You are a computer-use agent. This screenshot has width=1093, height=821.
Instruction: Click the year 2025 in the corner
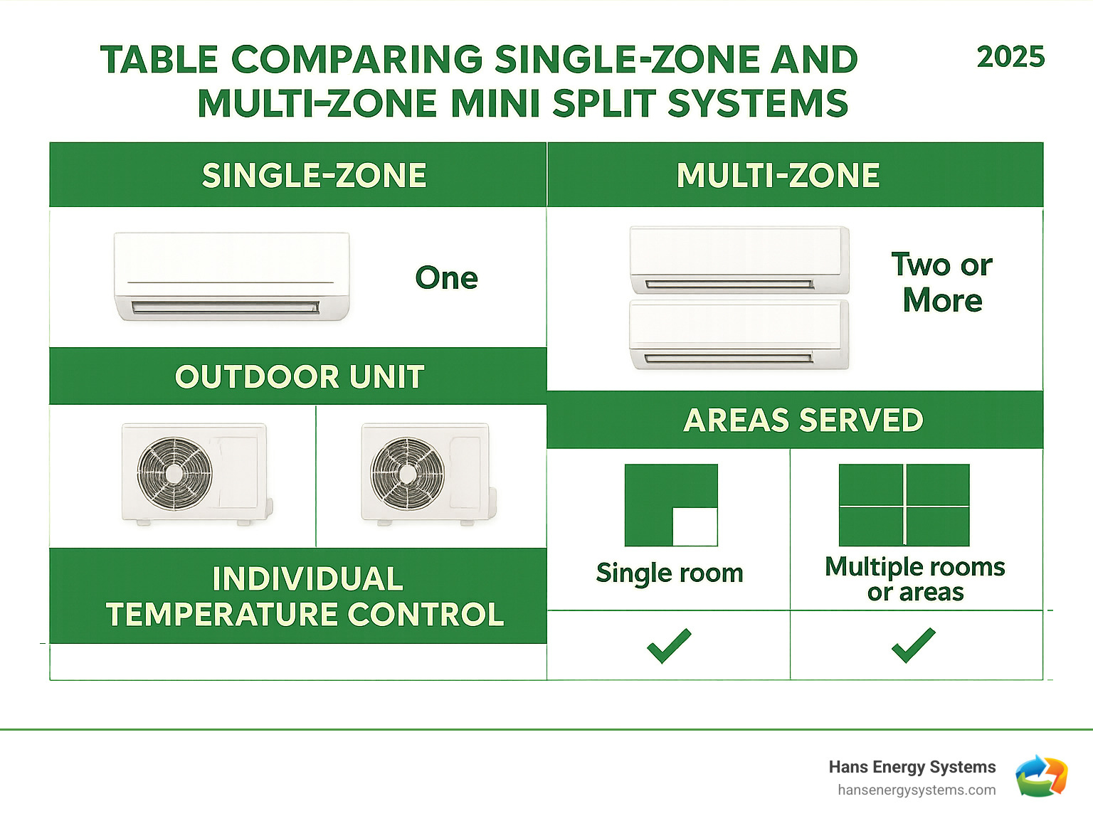pyautogui.click(x=1010, y=57)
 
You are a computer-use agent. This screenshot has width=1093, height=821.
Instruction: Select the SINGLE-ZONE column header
pyautogui.click(x=314, y=175)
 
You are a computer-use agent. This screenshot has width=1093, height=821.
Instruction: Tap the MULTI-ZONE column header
pyautogui.click(x=778, y=175)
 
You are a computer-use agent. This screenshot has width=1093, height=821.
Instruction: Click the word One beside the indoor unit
pyautogui.click(x=446, y=277)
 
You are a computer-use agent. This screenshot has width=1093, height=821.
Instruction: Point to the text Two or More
pyautogui.click(x=941, y=282)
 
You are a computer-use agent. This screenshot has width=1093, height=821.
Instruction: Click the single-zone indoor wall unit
pyautogui.click(x=232, y=277)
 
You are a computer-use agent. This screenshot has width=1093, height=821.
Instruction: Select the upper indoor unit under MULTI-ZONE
pyautogui.click(x=739, y=260)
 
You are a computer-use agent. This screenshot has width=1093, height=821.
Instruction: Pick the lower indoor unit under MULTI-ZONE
pyautogui.click(x=739, y=335)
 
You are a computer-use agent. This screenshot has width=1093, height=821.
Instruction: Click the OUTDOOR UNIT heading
pyautogui.click(x=300, y=376)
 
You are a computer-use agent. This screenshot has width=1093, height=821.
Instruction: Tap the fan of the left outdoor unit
pyautogui.click(x=174, y=473)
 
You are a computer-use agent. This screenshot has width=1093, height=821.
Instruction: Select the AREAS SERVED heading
pyautogui.click(x=803, y=420)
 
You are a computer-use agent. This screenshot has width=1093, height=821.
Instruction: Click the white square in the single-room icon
pyautogui.click(x=695, y=526)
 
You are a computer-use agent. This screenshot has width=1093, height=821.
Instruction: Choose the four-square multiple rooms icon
pyautogui.click(x=904, y=505)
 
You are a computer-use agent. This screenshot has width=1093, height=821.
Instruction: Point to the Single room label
pyautogui.click(x=669, y=573)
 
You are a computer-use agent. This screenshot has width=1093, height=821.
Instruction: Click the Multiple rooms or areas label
pyautogui.click(x=914, y=579)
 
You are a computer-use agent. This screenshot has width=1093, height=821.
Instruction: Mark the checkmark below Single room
pyautogui.click(x=669, y=645)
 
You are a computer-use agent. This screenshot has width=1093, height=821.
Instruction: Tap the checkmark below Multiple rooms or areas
pyautogui.click(x=913, y=645)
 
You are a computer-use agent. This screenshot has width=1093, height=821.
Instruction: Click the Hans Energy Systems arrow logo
pyautogui.click(x=1041, y=776)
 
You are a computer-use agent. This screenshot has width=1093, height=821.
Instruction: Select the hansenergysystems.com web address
pyautogui.click(x=917, y=790)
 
